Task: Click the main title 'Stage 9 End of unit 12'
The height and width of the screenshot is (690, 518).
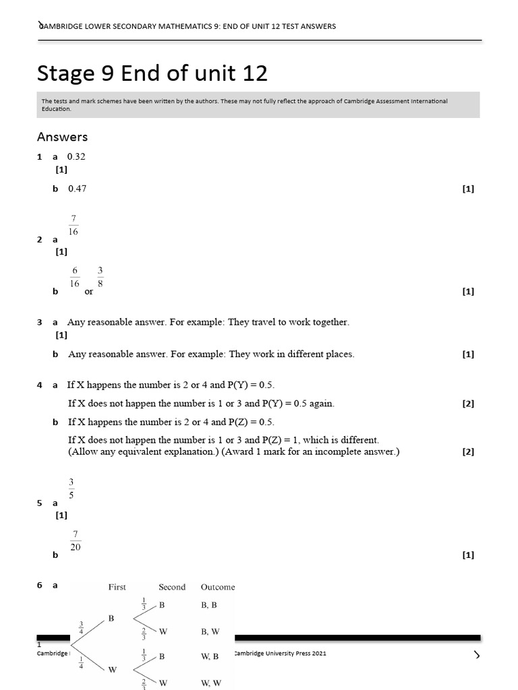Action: tap(152, 73)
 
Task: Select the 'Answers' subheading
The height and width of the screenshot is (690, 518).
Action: tap(62, 137)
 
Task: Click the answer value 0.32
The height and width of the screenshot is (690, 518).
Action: tap(76, 156)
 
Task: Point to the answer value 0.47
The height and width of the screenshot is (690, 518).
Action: tap(78, 189)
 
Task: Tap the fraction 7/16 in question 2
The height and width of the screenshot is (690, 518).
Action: tap(73, 225)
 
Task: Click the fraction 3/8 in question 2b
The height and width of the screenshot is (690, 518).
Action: tap(100, 277)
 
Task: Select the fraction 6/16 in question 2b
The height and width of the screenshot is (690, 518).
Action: tap(75, 277)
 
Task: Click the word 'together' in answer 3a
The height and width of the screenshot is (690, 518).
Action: tap(328, 322)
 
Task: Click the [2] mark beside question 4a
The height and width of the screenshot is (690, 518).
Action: tap(468, 404)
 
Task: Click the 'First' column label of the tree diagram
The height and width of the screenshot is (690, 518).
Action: tap(117, 587)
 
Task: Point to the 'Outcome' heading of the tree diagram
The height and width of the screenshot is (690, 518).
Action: tap(218, 587)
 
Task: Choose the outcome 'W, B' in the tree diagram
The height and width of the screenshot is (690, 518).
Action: tap(210, 656)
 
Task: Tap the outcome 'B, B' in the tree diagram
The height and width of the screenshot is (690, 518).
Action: tap(209, 605)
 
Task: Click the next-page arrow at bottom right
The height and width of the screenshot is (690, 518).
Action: tap(477, 654)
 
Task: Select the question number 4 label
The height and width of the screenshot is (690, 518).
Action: tap(40, 385)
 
